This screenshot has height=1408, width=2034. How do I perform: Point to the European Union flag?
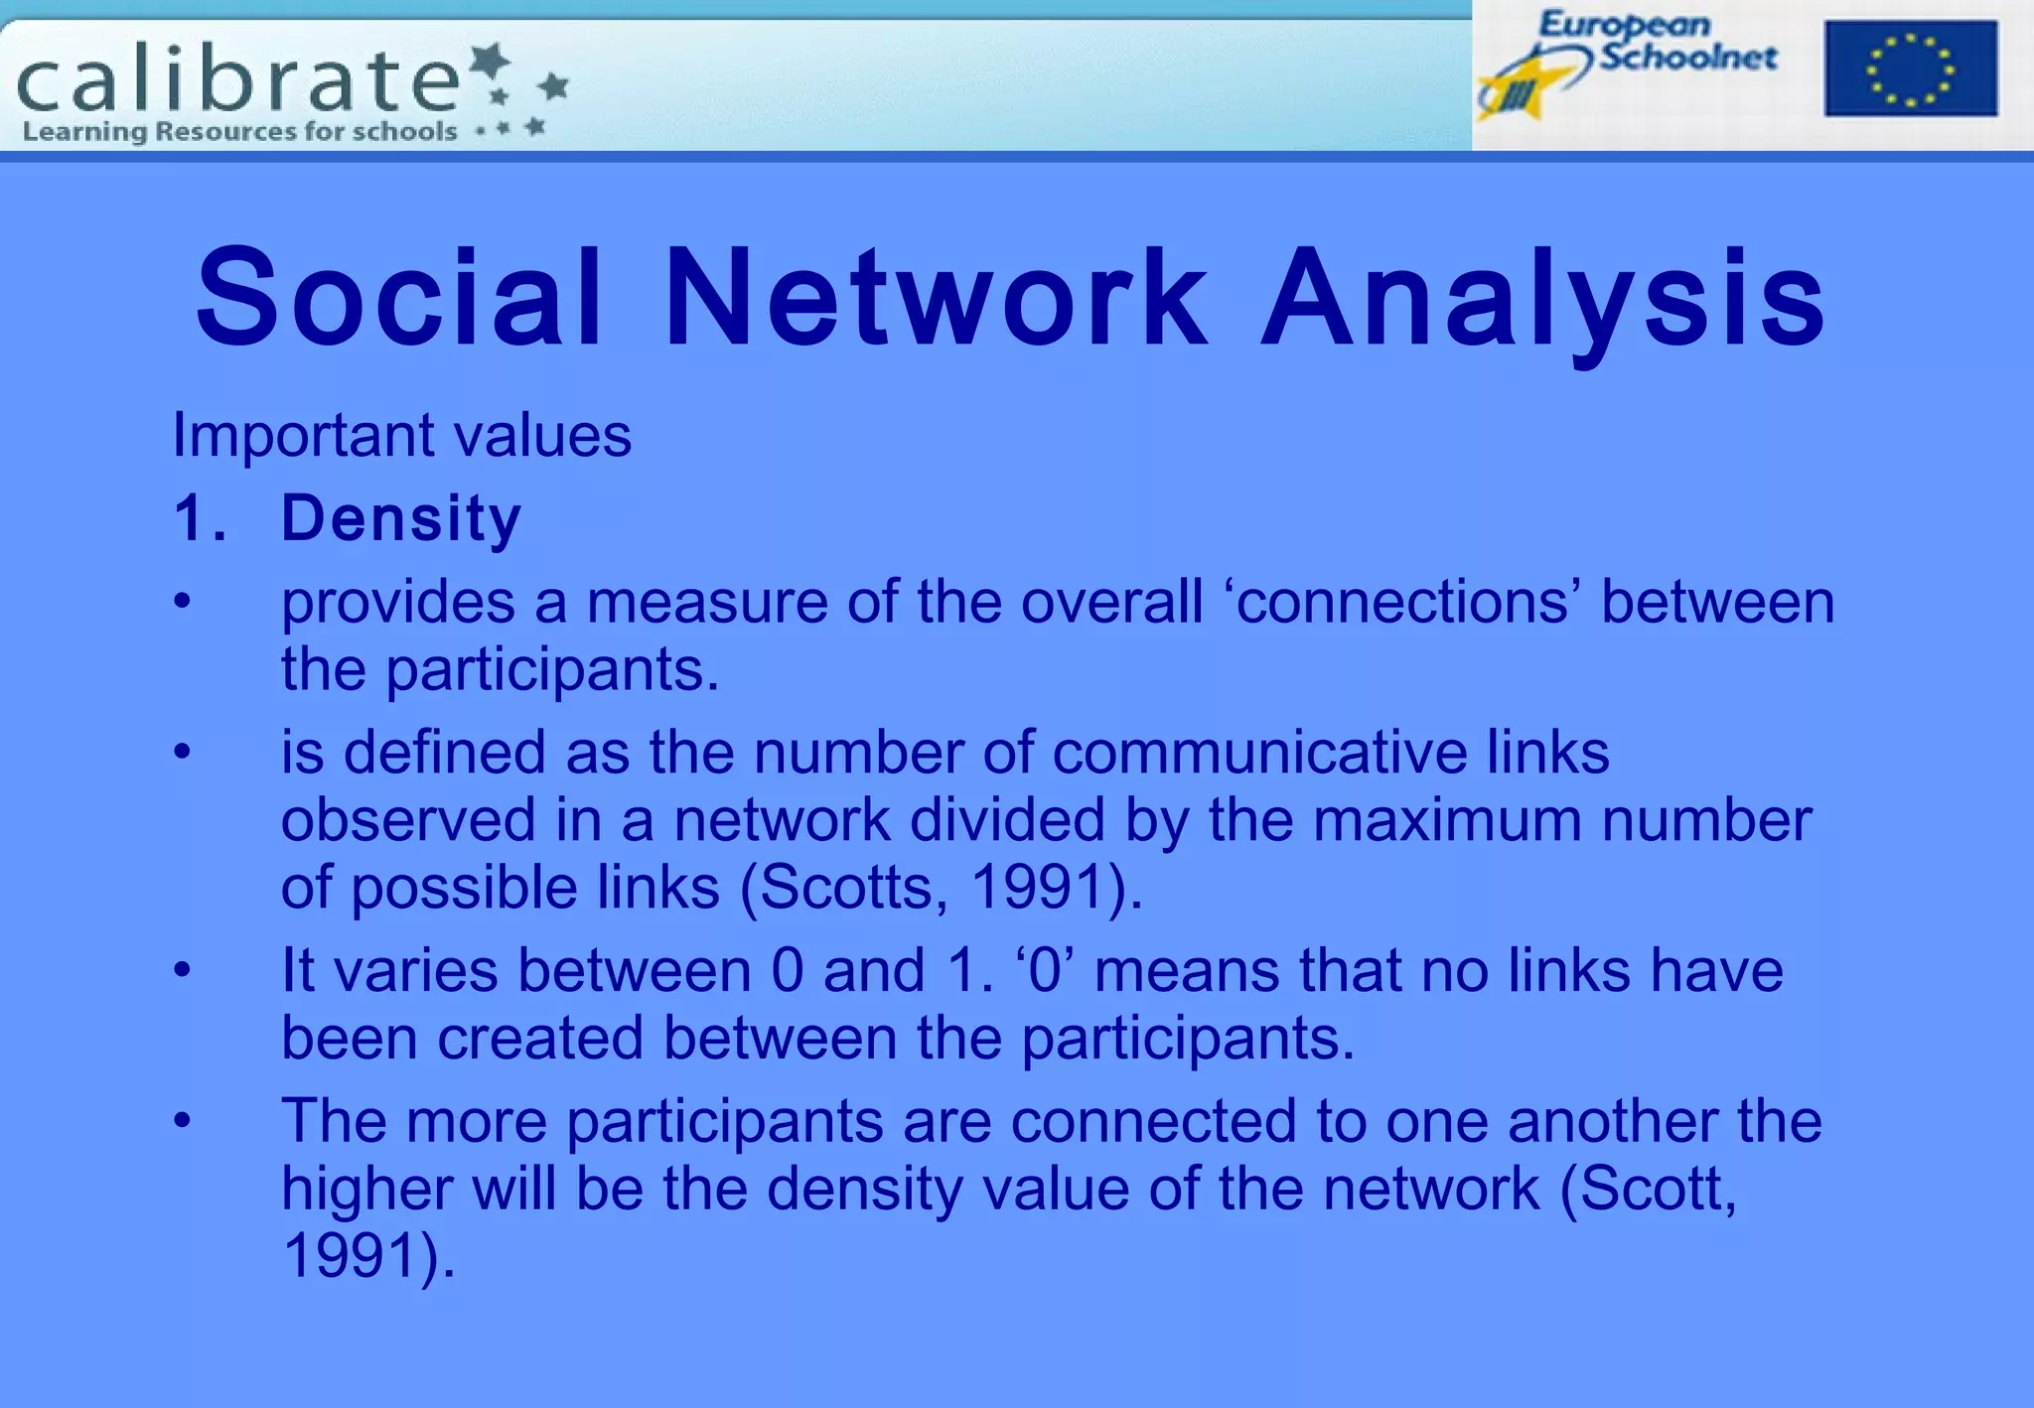[1910, 69]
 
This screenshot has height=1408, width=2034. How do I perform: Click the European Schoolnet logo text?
[1657, 42]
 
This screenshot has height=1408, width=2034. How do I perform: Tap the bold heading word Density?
[400, 518]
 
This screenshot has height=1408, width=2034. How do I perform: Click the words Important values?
[401, 435]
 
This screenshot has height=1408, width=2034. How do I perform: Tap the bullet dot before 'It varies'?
[182, 969]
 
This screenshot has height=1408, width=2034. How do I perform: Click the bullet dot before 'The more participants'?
[182, 1120]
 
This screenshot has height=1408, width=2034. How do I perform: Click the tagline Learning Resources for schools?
[239, 131]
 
